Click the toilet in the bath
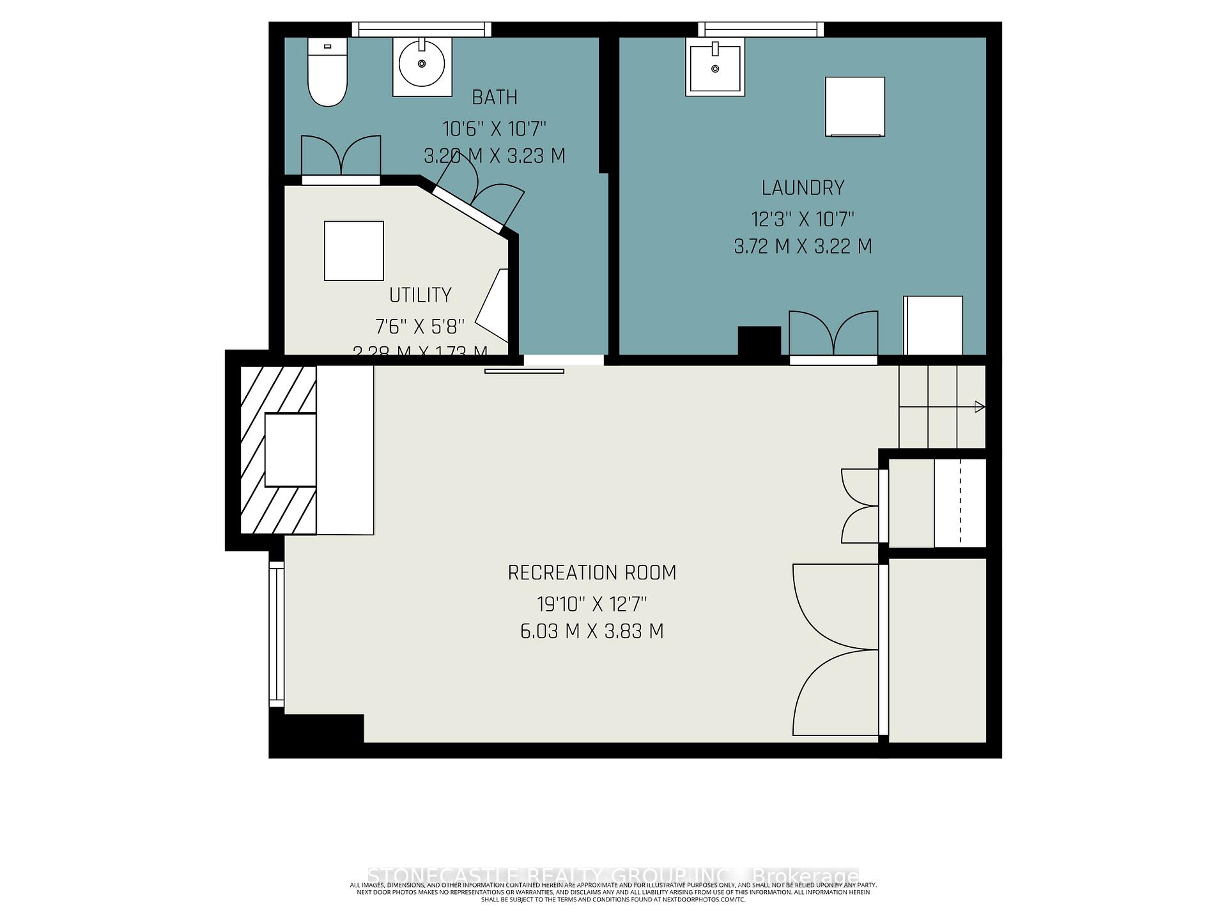327,72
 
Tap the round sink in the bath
422,64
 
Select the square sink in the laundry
715,66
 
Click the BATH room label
494,97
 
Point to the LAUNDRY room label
803,188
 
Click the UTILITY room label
420,295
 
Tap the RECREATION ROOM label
592,572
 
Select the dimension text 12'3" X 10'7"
803,220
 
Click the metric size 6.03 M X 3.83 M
592,631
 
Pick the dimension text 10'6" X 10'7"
494,129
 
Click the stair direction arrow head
979,406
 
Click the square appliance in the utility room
353,250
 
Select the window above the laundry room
760,29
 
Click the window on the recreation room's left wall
275,634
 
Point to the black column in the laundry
759,341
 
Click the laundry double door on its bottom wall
833,335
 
